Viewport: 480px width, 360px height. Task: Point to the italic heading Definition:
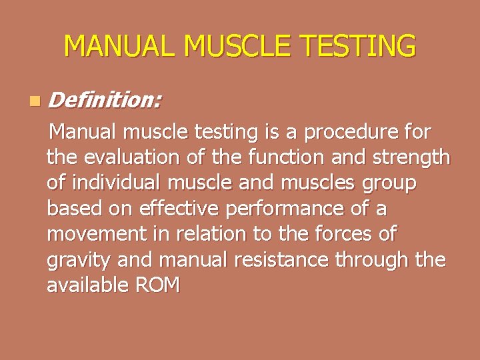(105, 101)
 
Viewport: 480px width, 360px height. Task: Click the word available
(87, 285)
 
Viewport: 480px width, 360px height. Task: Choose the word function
(283, 158)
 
